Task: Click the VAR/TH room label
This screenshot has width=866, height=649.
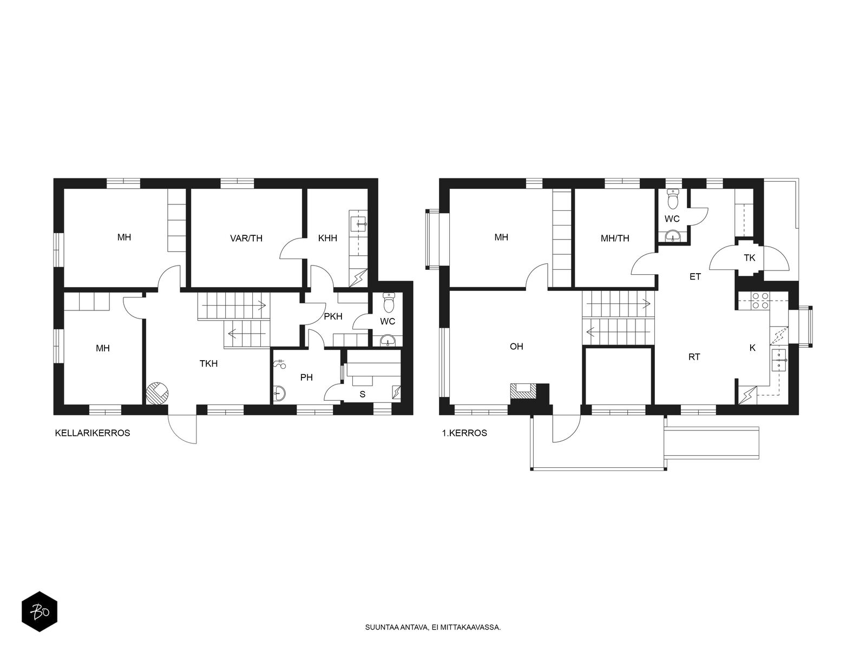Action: click(246, 238)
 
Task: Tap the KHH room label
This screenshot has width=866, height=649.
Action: click(327, 238)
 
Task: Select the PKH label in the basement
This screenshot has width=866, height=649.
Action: click(333, 316)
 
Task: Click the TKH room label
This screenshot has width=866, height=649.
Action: click(208, 363)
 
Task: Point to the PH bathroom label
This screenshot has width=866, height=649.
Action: click(306, 378)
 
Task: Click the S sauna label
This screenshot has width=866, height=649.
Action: click(362, 394)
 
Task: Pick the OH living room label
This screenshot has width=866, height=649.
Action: click(516, 346)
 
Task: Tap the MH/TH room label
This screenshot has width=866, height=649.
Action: click(615, 238)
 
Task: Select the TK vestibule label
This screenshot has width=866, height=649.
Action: click(749, 258)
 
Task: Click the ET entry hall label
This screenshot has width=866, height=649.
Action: click(695, 276)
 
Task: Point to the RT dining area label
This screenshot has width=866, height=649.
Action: click(694, 357)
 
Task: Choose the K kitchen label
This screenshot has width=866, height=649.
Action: click(752, 348)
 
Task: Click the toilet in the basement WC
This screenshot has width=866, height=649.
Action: click(389, 303)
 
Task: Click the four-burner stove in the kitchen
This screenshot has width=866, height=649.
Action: click(760, 300)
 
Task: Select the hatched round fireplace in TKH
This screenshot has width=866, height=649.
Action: click(157, 393)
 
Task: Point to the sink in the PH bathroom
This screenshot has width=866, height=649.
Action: click(279, 393)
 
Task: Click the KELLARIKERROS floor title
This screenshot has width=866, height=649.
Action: click(93, 433)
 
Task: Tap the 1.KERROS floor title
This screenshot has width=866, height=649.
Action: click(464, 433)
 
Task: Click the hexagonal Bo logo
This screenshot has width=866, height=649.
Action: click(40, 612)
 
